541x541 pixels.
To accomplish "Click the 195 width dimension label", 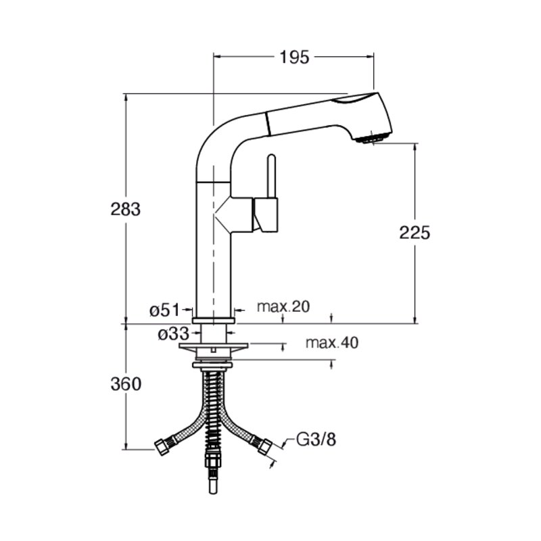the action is [x=294, y=57].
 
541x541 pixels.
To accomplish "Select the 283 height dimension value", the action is [x=126, y=209].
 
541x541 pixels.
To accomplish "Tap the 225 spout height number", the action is [x=415, y=233].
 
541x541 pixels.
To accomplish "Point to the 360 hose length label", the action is [x=126, y=384].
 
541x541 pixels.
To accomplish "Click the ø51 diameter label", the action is [x=165, y=310].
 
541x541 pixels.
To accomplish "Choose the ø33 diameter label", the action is [x=174, y=333].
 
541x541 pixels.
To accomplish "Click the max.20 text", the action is [x=283, y=306].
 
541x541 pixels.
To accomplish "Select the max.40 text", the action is [x=332, y=343].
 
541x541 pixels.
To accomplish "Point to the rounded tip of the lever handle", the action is [x=272, y=157].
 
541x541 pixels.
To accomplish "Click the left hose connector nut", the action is [x=160, y=446].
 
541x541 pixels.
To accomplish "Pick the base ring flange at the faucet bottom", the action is [x=214, y=321].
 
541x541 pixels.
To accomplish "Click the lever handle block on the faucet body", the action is [x=266, y=214].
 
